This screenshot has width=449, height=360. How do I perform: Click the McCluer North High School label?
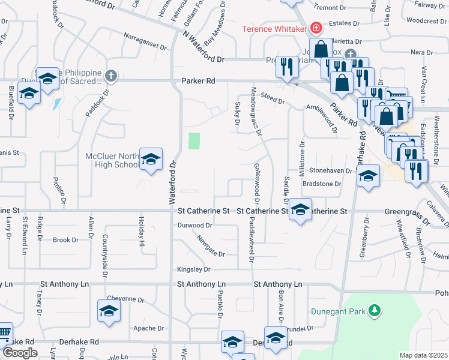pyautogui.click(x=113, y=160)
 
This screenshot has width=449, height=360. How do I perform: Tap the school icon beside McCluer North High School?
pyautogui.click(x=152, y=160)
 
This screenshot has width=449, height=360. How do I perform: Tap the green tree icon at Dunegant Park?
pyautogui.click(x=375, y=310)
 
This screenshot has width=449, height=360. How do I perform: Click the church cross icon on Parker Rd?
pyautogui.click(x=110, y=76)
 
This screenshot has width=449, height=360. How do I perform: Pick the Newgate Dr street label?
pyautogui.click(x=209, y=247)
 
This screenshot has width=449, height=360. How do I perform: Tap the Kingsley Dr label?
pyautogui.click(x=194, y=269)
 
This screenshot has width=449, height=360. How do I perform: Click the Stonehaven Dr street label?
pyautogui.click(x=330, y=170)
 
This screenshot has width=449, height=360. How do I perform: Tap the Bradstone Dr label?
pyautogui.click(x=322, y=184)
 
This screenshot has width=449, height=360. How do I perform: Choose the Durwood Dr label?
pyautogui.click(x=195, y=226)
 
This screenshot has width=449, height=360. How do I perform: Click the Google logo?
pyautogui.click(x=20, y=353)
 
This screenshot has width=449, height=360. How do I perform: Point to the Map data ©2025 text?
pyautogui.click(x=423, y=355)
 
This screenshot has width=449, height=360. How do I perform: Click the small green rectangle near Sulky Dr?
pyautogui.click(x=194, y=141)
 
